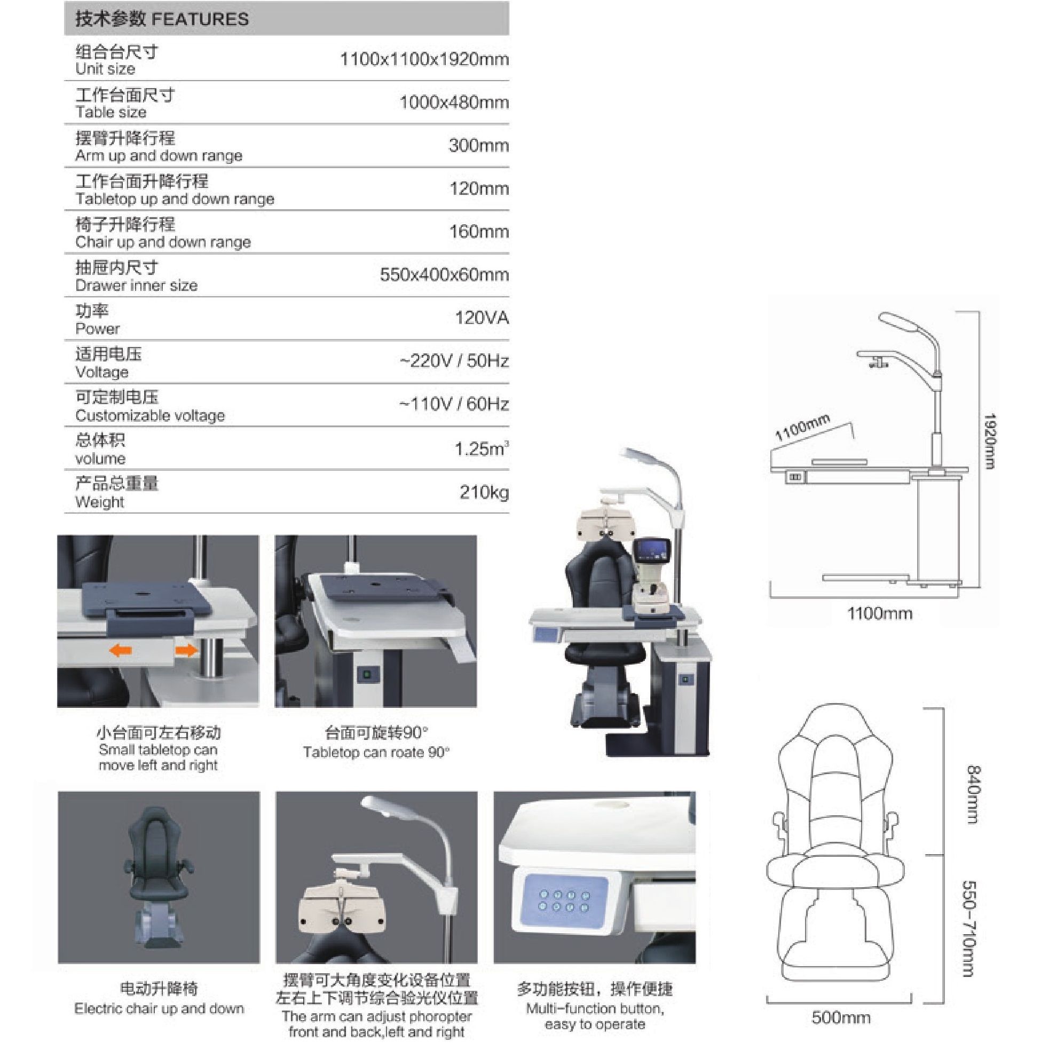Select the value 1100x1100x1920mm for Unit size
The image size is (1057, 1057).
pyautogui.click(x=424, y=59)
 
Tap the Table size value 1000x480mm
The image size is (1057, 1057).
pyautogui.click(x=454, y=102)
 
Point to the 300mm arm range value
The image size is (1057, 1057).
pyautogui.click(x=478, y=146)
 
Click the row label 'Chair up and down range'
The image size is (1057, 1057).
pyautogui.click(x=163, y=242)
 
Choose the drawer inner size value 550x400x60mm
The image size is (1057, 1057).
pyautogui.click(x=444, y=274)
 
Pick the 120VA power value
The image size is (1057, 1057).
pyautogui.click(x=482, y=318)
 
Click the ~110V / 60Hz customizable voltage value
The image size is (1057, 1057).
pyautogui.click(x=454, y=404)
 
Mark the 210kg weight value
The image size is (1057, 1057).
pyautogui.click(x=484, y=492)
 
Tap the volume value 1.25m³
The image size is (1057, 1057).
pyautogui.click(x=481, y=448)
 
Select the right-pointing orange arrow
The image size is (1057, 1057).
pyautogui.click(x=186, y=650)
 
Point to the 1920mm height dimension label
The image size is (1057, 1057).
pyautogui.click(x=989, y=441)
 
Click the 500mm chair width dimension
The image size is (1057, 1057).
pyautogui.click(x=841, y=1017)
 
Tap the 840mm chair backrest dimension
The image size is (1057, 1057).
pyautogui.click(x=973, y=794)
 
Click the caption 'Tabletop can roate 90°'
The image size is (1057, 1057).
pyautogui.click(x=376, y=752)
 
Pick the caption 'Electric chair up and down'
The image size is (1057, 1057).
pyautogui.click(x=159, y=1008)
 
